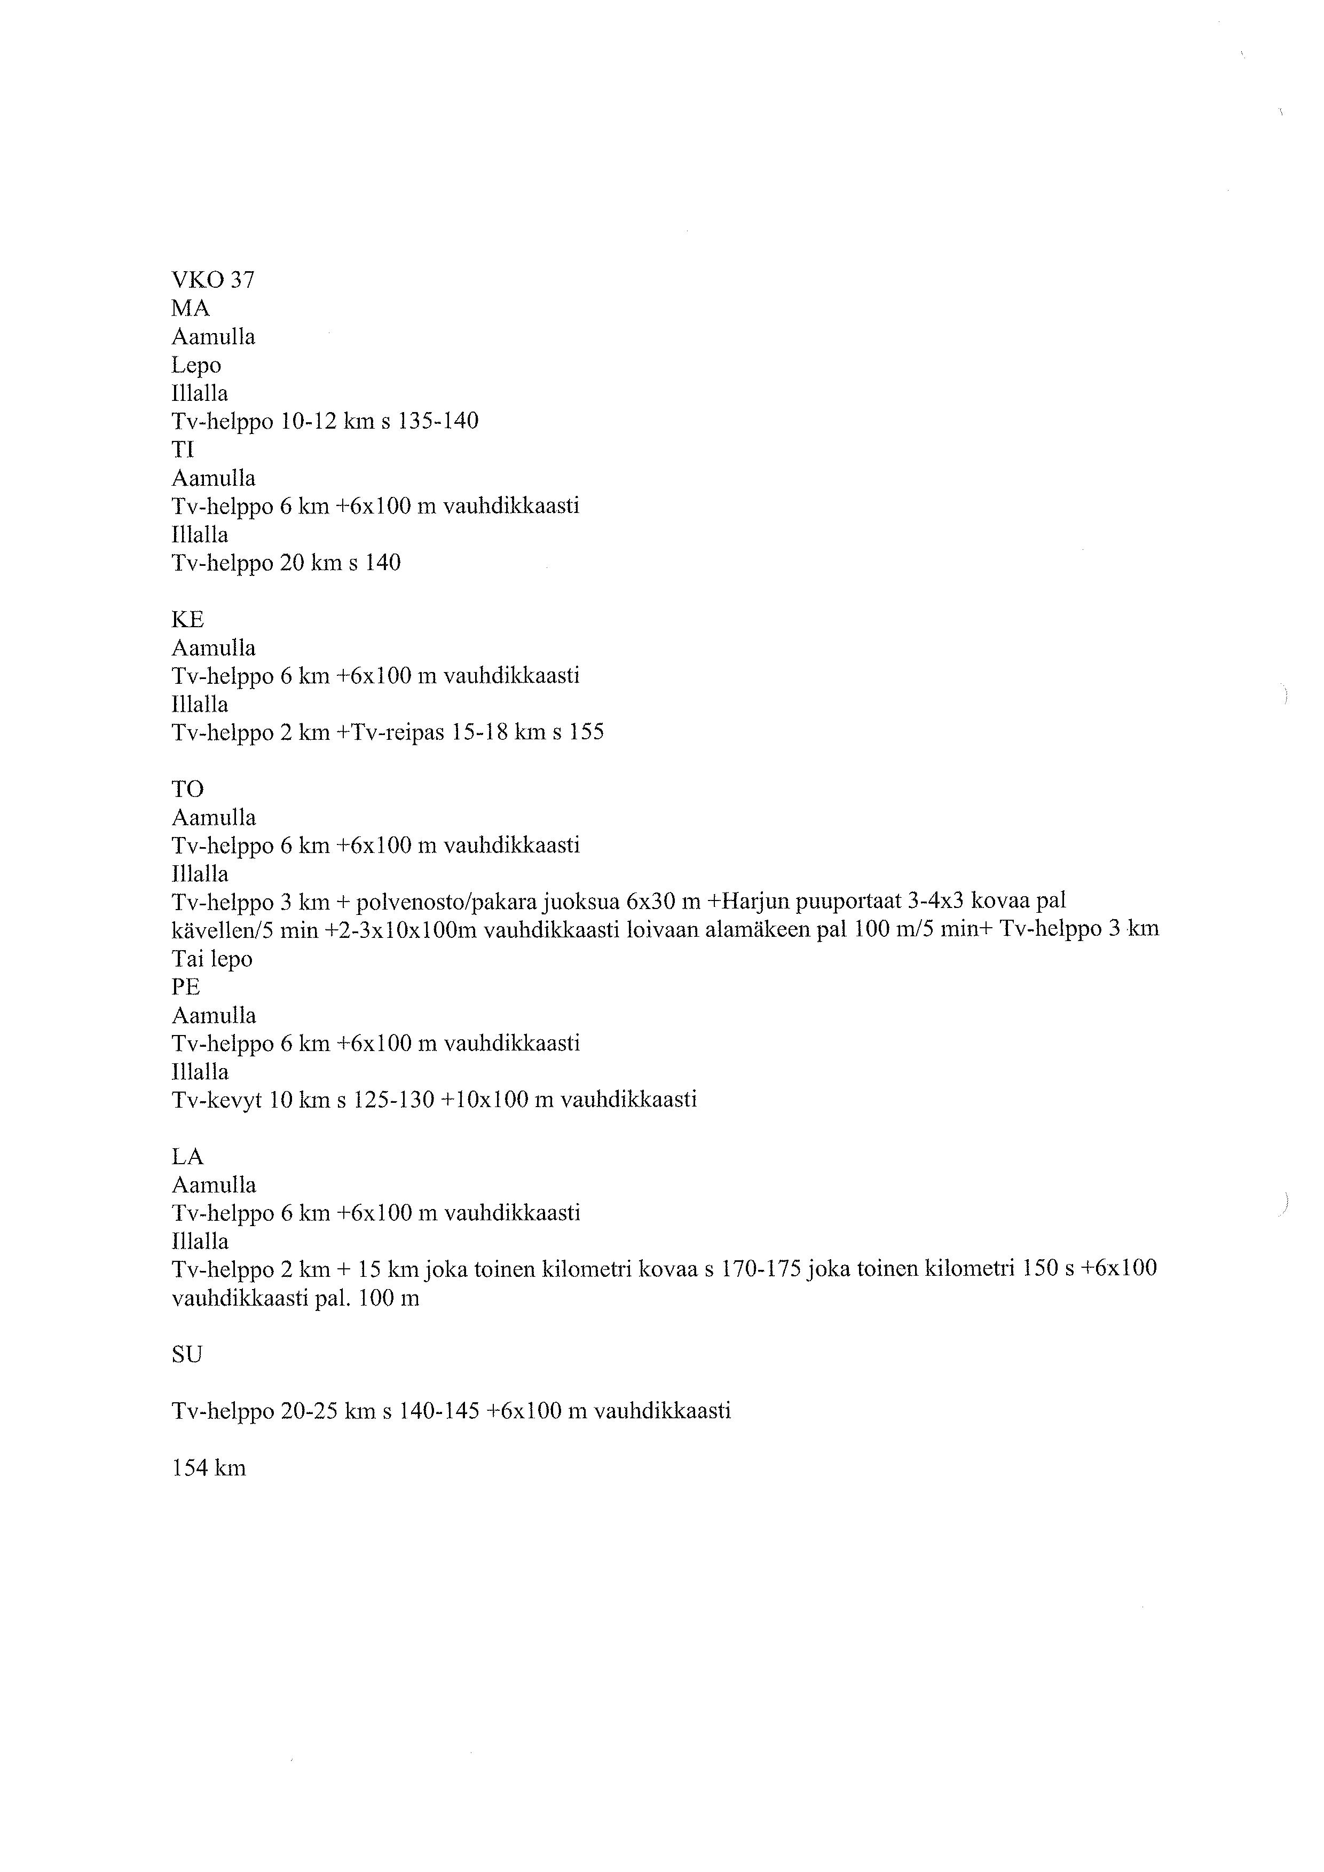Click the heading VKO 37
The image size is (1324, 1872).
(213, 280)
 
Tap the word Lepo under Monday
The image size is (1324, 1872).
(196, 365)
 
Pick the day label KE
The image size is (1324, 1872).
(187, 620)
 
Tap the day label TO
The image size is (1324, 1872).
(187, 789)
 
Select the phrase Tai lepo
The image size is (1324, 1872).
(212, 959)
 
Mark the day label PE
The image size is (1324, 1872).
(186, 988)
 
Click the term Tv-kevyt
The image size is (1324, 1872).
(217, 1100)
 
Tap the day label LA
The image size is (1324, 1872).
(187, 1157)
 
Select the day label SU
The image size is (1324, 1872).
(187, 1355)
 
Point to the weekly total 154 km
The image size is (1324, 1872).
(209, 1468)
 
